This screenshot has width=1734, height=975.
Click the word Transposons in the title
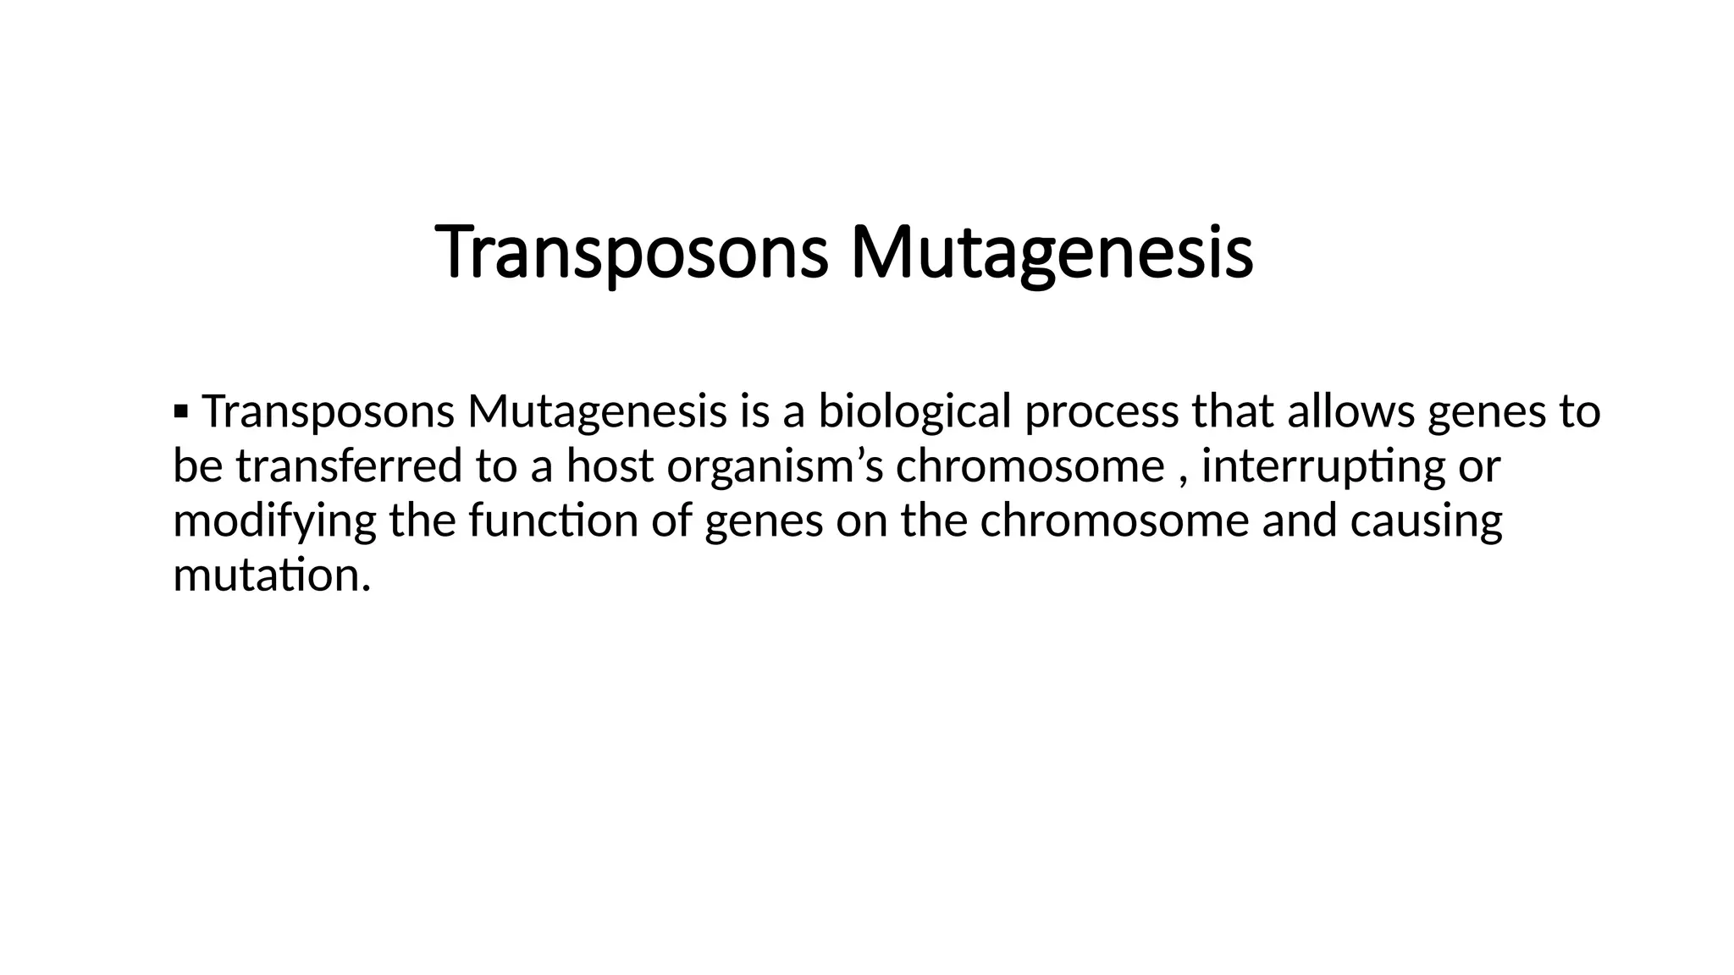click(x=631, y=253)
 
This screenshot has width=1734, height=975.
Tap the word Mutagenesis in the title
click(x=1051, y=253)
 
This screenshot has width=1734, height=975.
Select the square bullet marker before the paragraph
click(x=179, y=412)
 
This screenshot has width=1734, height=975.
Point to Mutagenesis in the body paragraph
click(x=597, y=412)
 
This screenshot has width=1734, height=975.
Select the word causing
click(x=1426, y=521)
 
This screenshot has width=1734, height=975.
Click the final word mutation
click(x=271, y=576)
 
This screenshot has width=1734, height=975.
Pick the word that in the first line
click(x=1233, y=412)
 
